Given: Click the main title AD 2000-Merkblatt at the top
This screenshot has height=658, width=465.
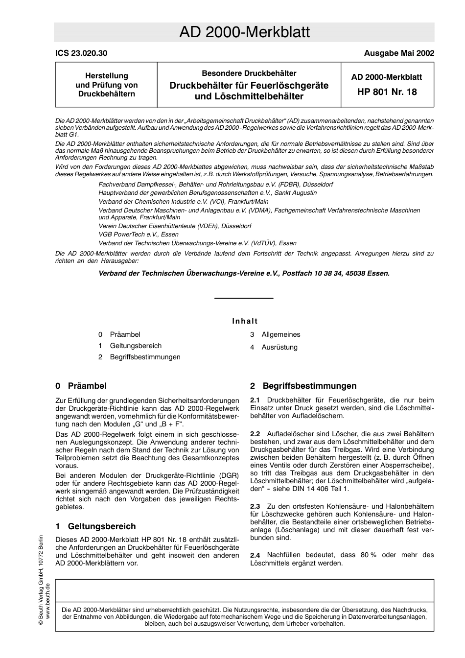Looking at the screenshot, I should pos(244,32).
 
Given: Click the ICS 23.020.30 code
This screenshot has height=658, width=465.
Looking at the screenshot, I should pos(81,53).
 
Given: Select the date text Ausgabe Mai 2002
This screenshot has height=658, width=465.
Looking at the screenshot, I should pos(399,53).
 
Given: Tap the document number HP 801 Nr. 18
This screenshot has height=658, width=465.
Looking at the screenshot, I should pos(387,92).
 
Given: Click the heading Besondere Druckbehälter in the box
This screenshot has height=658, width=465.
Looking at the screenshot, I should pos(249,73).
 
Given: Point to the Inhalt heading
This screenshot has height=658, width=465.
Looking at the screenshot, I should pos(245,321).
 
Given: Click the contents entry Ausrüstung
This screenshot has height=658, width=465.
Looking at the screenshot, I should pos(279,347).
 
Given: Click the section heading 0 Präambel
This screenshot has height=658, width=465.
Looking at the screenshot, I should pos(81,386).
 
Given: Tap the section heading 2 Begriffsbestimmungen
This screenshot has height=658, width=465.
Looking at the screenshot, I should pos(303,386).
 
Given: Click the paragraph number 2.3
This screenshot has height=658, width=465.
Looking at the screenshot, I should pos(255,506).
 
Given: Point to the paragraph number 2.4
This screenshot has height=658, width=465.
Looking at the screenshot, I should pos(255,555).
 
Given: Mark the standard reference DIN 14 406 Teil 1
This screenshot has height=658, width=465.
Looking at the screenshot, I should pos(319,489).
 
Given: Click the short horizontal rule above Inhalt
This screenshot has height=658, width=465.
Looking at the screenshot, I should pos(244,298).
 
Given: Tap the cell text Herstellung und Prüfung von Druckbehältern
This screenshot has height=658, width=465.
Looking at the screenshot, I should pos(106,85).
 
